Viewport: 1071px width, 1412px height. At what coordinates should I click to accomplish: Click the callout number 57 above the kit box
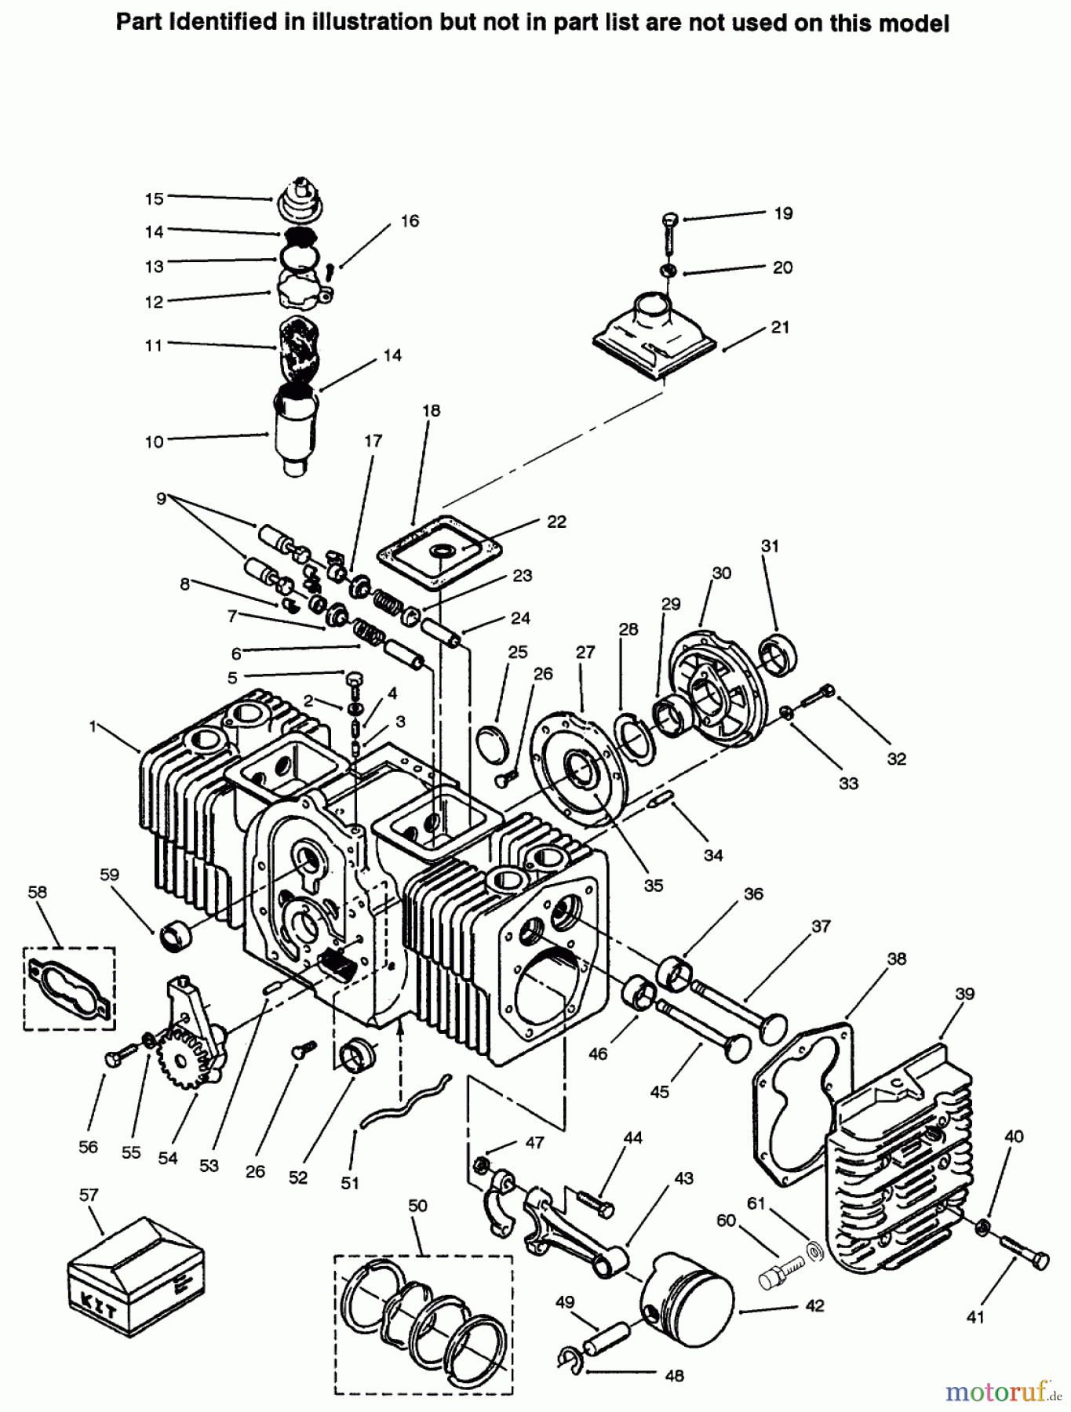[x=89, y=1195]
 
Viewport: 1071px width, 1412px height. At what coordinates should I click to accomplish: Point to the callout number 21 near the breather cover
[x=780, y=327]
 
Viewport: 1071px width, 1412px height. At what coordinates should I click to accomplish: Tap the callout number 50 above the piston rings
[x=417, y=1205]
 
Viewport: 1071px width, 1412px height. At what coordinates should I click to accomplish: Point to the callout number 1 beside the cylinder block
[x=93, y=726]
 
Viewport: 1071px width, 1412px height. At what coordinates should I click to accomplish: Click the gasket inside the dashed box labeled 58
[x=69, y=988]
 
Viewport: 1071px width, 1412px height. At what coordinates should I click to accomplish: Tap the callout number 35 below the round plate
[x=654, y=885]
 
